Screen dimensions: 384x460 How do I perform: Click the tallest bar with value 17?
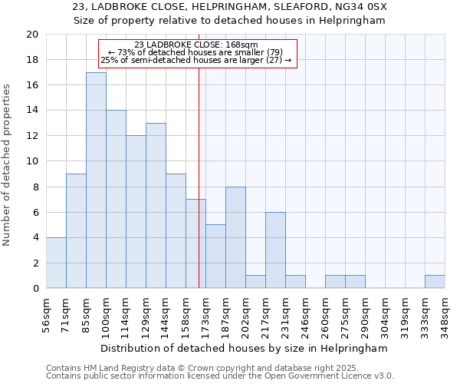(x=96, y=180)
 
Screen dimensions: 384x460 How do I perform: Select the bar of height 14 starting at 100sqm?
(x=116, y=199)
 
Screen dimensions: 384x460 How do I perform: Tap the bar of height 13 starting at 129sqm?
(x=156, y=206)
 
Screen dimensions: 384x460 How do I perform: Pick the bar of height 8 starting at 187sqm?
(x=235, y=237)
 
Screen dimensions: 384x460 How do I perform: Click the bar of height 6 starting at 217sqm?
(x=275, y=250)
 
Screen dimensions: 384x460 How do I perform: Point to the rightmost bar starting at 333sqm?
(x=435, y=282)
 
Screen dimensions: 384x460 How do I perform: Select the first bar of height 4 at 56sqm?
(x=56, y=263)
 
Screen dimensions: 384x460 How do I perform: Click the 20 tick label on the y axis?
(x=32, y=35)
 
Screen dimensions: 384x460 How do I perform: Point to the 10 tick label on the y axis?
(x=32, y=161)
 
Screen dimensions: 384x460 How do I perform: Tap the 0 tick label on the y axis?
(x=35, y=288)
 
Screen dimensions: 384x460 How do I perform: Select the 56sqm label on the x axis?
(x=46, y=311)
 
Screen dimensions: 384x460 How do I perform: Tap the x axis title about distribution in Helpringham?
(x=245, y=348)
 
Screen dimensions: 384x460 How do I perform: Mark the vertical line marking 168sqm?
(x=199, y=169)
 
